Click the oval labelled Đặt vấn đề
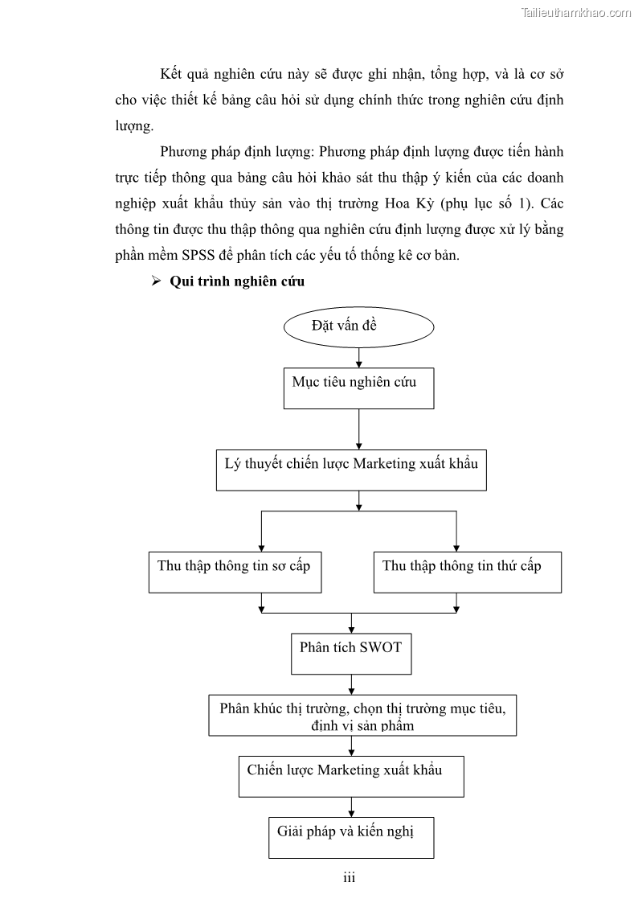point(358,328)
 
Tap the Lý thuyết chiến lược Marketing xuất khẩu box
point(351,470)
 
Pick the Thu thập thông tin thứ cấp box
point(467,572)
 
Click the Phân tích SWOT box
point(351,653)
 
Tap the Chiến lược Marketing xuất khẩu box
point(351,775)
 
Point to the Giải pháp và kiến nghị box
point(351,837)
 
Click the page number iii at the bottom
point(349,877)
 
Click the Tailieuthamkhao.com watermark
point(577,12)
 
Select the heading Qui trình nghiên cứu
point(237,282)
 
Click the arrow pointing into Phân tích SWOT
point(351,623)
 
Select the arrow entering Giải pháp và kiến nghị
point(351,807)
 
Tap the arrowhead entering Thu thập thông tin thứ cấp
point(456,546)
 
